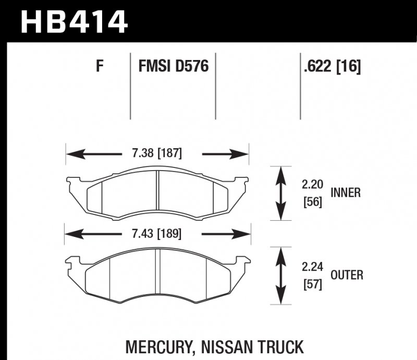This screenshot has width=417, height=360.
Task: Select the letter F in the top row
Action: click(100, 67)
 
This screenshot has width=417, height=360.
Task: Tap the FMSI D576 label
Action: click(174, 67)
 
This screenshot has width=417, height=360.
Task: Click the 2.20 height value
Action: click(313, 184)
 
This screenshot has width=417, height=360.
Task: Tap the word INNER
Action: click(346, 193)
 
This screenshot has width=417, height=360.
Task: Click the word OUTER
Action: click(347, 275)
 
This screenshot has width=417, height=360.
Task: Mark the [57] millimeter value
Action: click(313, 284)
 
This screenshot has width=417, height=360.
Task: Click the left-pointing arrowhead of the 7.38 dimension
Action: click(71, 154)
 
